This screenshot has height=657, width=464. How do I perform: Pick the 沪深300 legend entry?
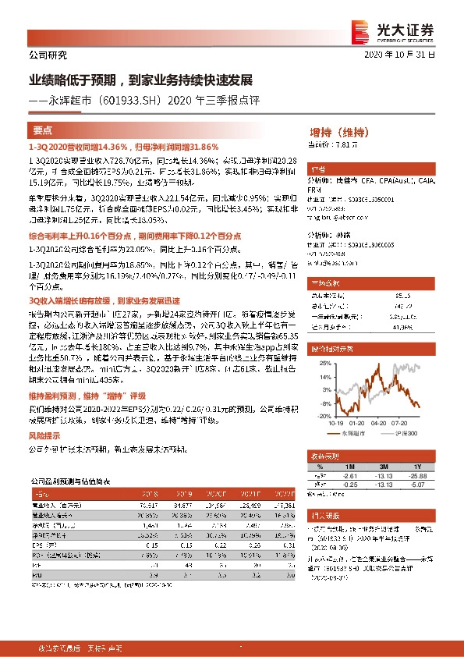[x=406, y=431]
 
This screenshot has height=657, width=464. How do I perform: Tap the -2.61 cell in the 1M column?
[x=349, y=475]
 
